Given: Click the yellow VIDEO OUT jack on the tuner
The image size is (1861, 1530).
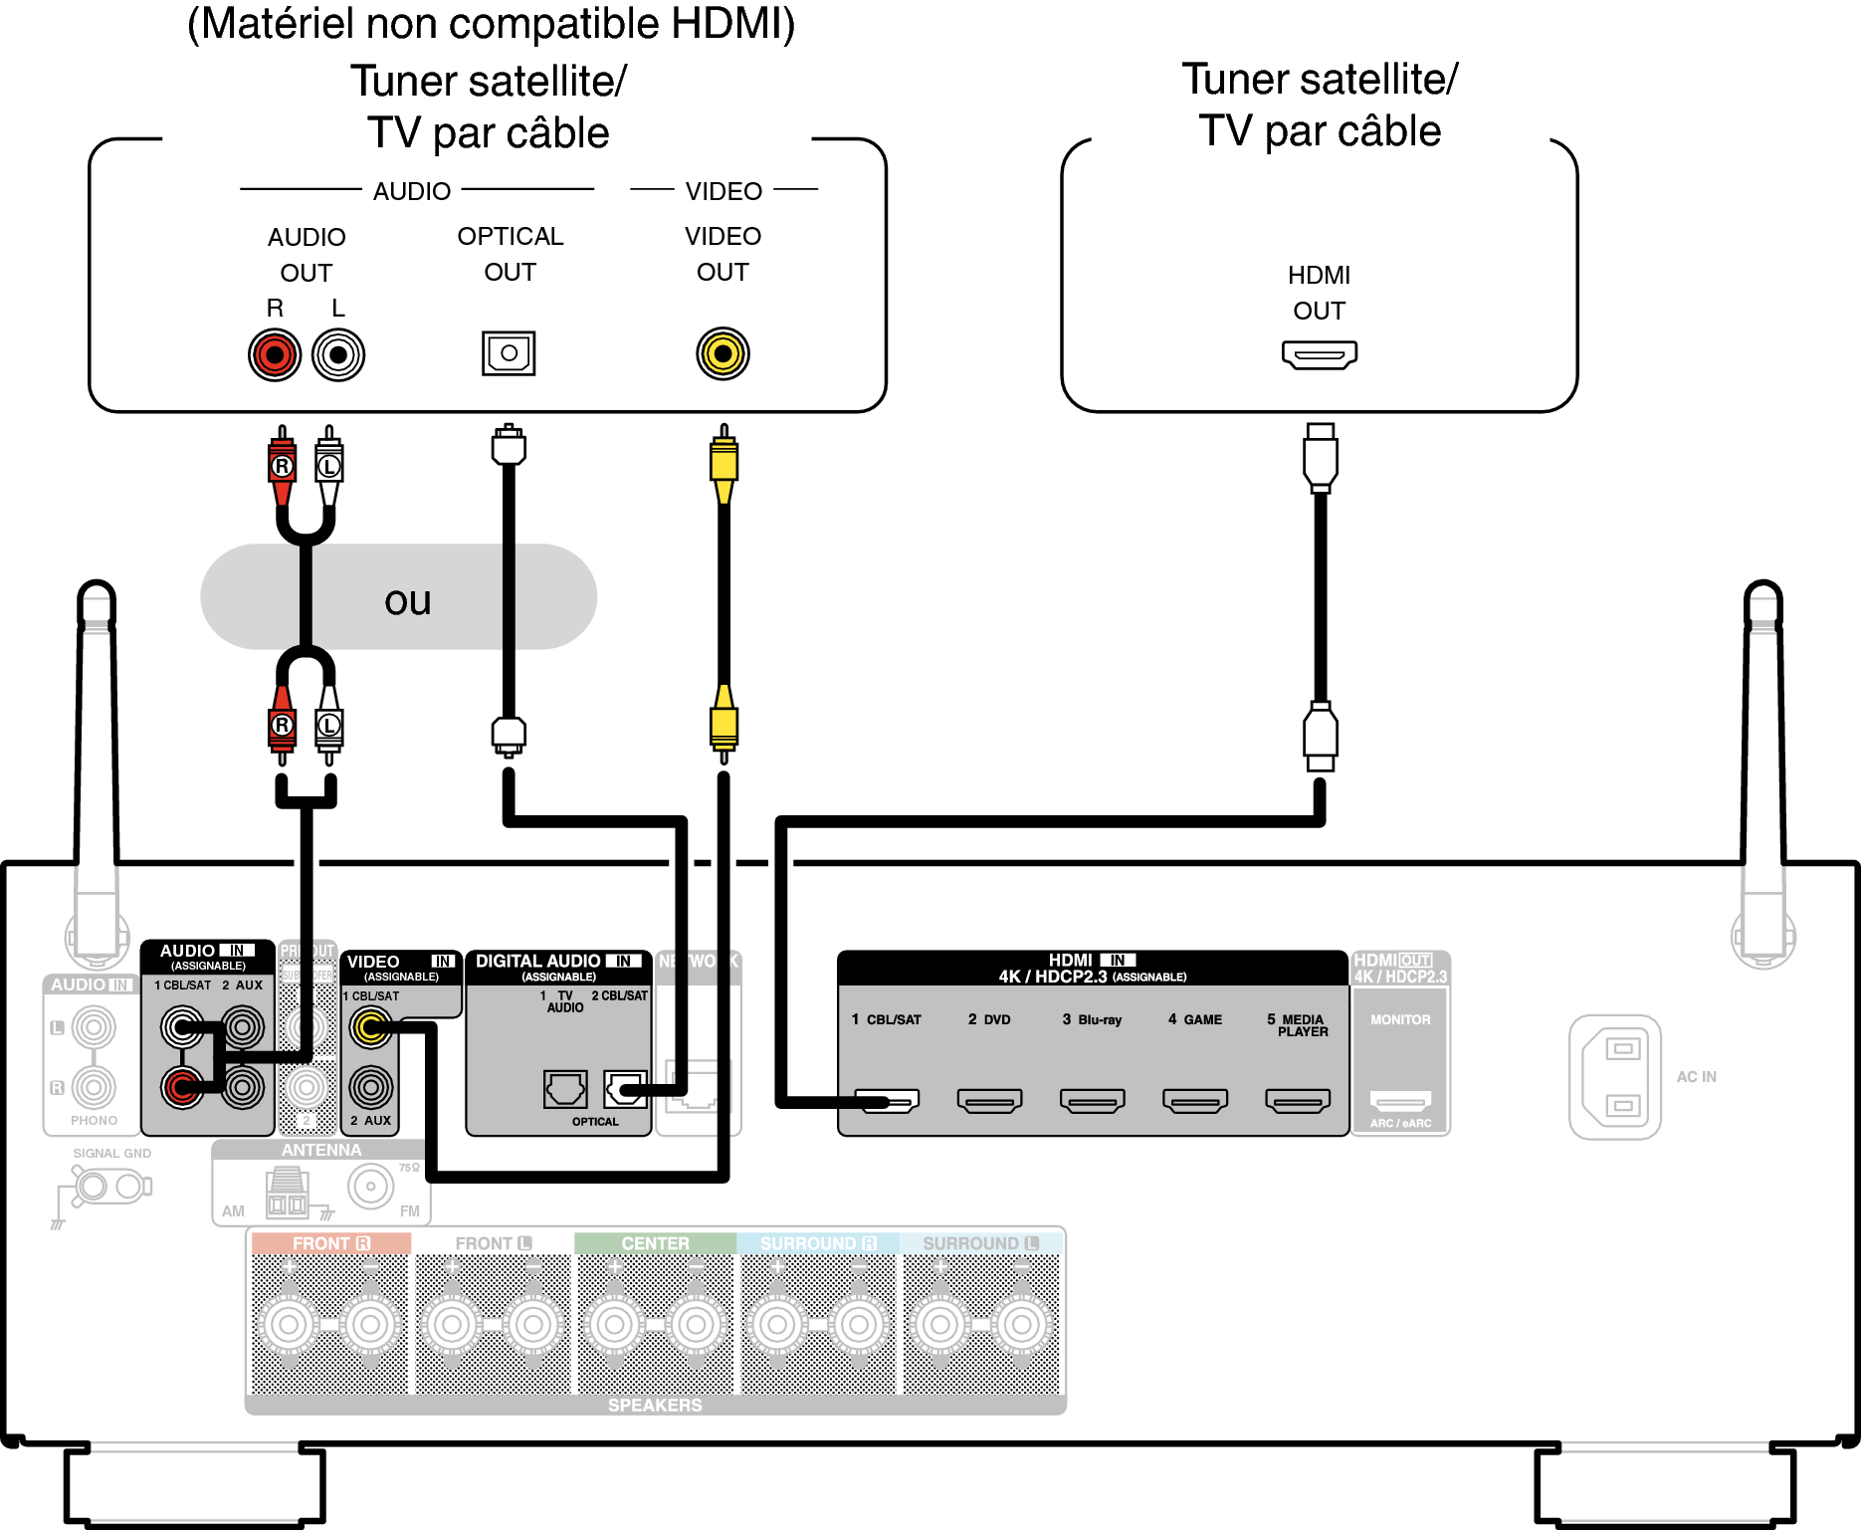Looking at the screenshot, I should coord(723,353).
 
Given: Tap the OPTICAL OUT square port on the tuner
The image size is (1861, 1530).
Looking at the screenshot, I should coord(509,352).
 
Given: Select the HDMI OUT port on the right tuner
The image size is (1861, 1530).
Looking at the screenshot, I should coord(1319,354).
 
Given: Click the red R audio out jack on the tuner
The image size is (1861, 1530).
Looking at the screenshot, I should coord(275,354).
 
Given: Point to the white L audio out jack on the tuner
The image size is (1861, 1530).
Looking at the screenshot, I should coord(338,354).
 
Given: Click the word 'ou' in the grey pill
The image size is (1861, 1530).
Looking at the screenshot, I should coord(407,601).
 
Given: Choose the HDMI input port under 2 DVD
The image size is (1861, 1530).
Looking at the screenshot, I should coord(989,1100).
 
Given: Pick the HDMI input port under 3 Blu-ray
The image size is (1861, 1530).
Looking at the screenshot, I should coord(1092,1100).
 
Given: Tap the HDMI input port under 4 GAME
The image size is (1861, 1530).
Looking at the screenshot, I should coord(1194,1100).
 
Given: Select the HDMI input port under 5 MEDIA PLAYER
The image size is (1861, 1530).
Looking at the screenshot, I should coord(1297,1100).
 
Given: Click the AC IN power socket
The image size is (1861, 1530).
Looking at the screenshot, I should coord(1615,1076).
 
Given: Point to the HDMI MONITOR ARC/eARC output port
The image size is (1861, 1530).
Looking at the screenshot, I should coord(1400,1101).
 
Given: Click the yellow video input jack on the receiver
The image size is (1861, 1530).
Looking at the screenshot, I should coord(371,1027).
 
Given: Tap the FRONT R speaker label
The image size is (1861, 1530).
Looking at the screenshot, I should coord(330,1243).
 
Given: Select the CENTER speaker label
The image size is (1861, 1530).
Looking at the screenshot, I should coord(655,1243).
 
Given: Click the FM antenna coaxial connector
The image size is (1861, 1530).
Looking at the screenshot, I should coord(371,1187).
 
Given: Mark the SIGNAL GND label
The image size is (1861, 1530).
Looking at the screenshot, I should coord(111,1154).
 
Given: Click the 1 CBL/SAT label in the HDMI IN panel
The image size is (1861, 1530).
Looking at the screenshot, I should coord(887,1019).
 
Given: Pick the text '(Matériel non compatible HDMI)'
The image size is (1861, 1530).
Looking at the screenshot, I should coord(492,24).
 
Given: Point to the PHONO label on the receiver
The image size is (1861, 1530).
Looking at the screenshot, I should coord(94,1121).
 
